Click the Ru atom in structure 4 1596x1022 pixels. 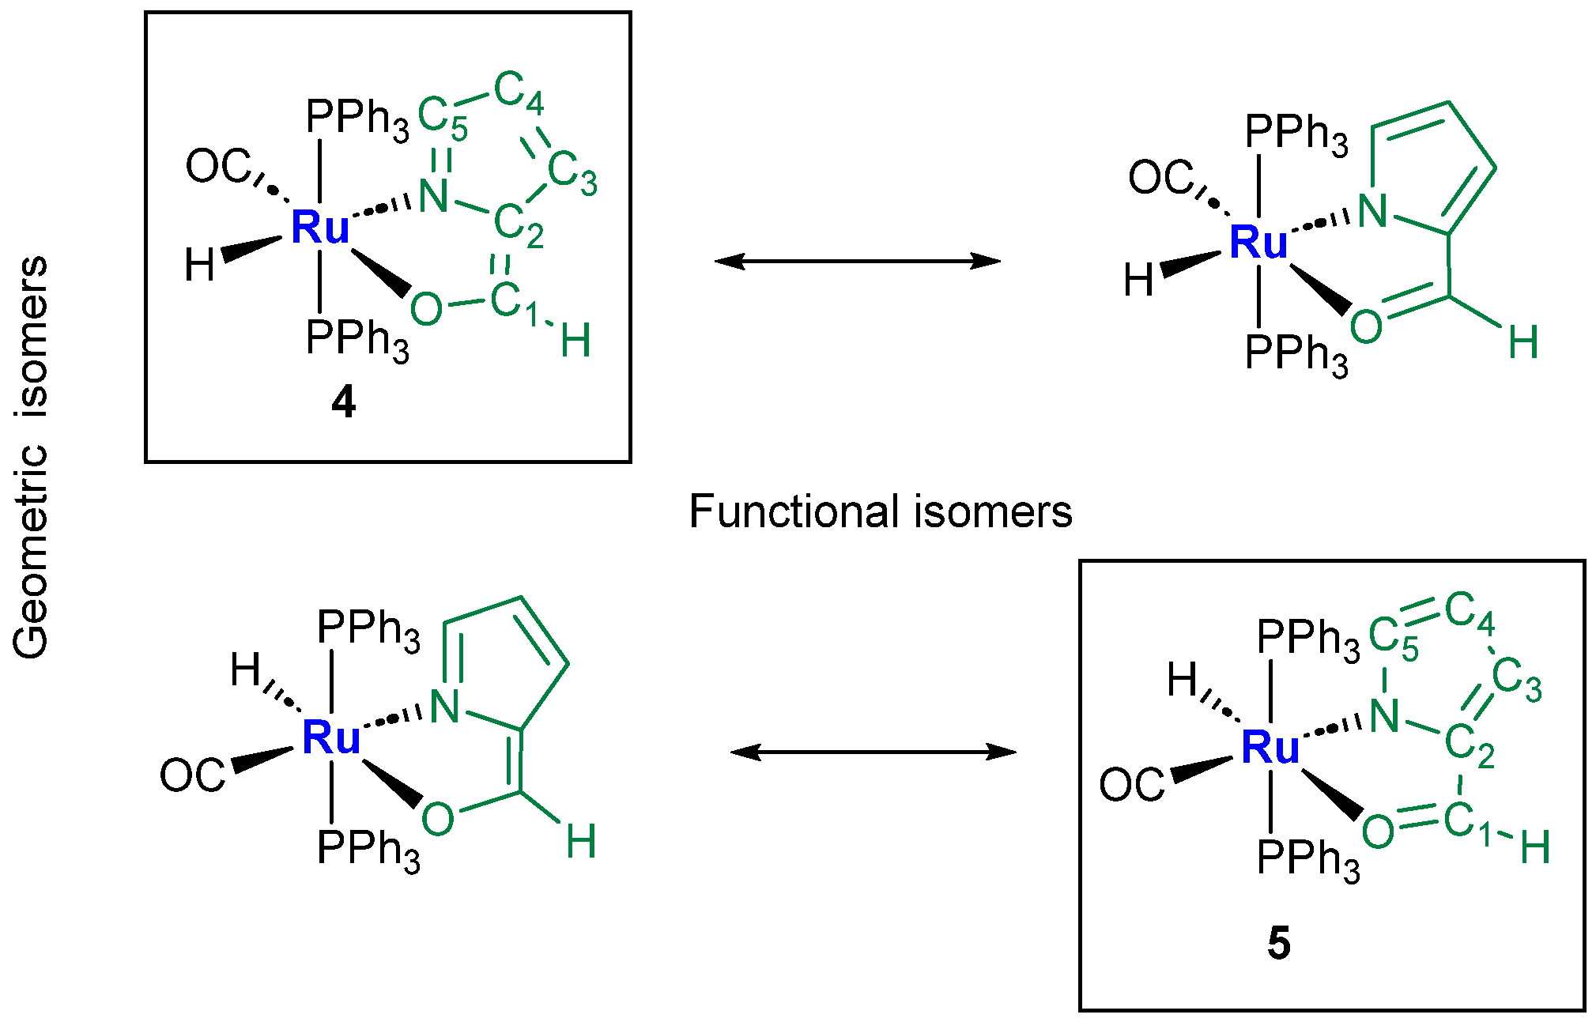(x=319, y=228)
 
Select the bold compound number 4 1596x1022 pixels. (x=343, y=403)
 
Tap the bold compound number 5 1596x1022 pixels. (x=1278, y=944)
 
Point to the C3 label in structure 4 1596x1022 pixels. (x=572, y=173)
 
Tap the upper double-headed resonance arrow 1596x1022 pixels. (x=857, y=261)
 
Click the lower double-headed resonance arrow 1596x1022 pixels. (x=873, y=752)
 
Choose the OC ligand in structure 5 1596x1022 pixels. (x=1130, y=785)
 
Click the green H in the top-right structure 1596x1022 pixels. (x=1522, y=343)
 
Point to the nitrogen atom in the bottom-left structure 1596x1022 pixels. (x=444, y=706)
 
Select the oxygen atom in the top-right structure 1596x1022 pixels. (x=1366, y=326)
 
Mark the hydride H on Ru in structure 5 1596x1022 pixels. (x=1182, y=680)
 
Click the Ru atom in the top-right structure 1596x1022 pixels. (x=1258, y=242)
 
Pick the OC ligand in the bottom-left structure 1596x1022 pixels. (x=192, y=775)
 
